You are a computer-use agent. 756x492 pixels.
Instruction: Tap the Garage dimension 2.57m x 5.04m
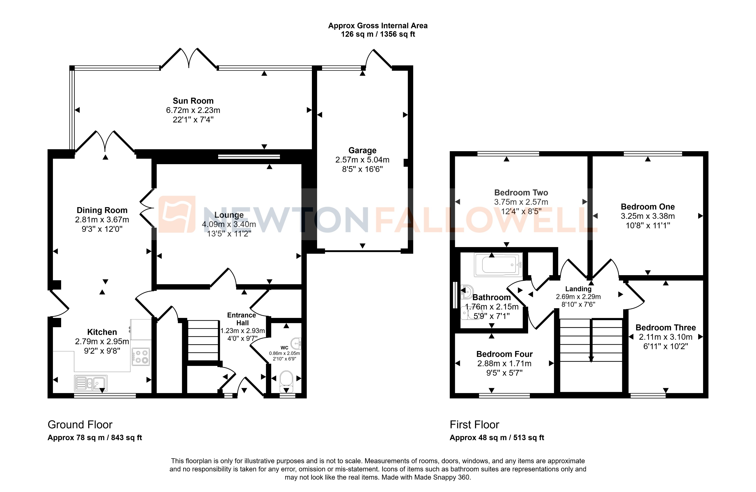tap(362, 160)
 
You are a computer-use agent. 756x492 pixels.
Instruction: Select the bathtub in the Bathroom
tap(498, 264)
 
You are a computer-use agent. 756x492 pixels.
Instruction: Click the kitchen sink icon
tap(91, 383)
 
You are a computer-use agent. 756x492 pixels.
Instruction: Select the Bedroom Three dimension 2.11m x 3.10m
tap(665, 337)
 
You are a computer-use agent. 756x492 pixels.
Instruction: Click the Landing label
tap(578, 289)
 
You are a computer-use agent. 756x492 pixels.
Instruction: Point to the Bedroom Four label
tap(504, 354)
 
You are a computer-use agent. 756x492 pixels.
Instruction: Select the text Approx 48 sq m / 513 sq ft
tap(497, 438)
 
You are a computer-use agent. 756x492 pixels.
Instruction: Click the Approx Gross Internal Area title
tap(378, 26)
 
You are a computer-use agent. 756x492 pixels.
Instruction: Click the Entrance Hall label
tap(242, 319)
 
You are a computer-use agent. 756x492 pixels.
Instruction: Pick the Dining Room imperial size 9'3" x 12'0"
tap(102, 229)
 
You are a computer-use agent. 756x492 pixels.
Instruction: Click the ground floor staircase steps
tap(203, 340)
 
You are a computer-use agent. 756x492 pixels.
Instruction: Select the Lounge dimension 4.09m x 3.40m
tap(229, 224)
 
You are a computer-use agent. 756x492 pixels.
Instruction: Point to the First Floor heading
tap(474, 425)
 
